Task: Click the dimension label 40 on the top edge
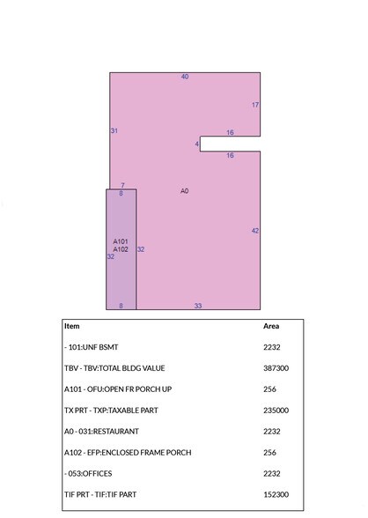[x=185, y=77]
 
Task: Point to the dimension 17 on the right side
[x=255, y=105]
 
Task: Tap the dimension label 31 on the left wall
[x=114, y=130]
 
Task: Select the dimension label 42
[x=255, y=231]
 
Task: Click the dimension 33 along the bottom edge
[x=198, y=306]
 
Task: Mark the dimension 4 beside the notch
[x=197, y=144]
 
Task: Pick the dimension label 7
[x=122, y=185]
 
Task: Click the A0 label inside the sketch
[x=185, y=190]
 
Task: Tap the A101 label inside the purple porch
[x=121, y=240]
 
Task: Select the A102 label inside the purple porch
[x=121, y=249]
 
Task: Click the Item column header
[x=71, y=326]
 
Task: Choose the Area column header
[x=271, y=326]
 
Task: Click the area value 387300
[x=276, y=368]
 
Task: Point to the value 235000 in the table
[x=276, y=411]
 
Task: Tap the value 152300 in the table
[x=276, y=495]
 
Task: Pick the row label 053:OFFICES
[x=91, y=474]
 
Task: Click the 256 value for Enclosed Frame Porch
[x=270, y=453]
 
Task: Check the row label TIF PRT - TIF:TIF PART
[x=100, y=495]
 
